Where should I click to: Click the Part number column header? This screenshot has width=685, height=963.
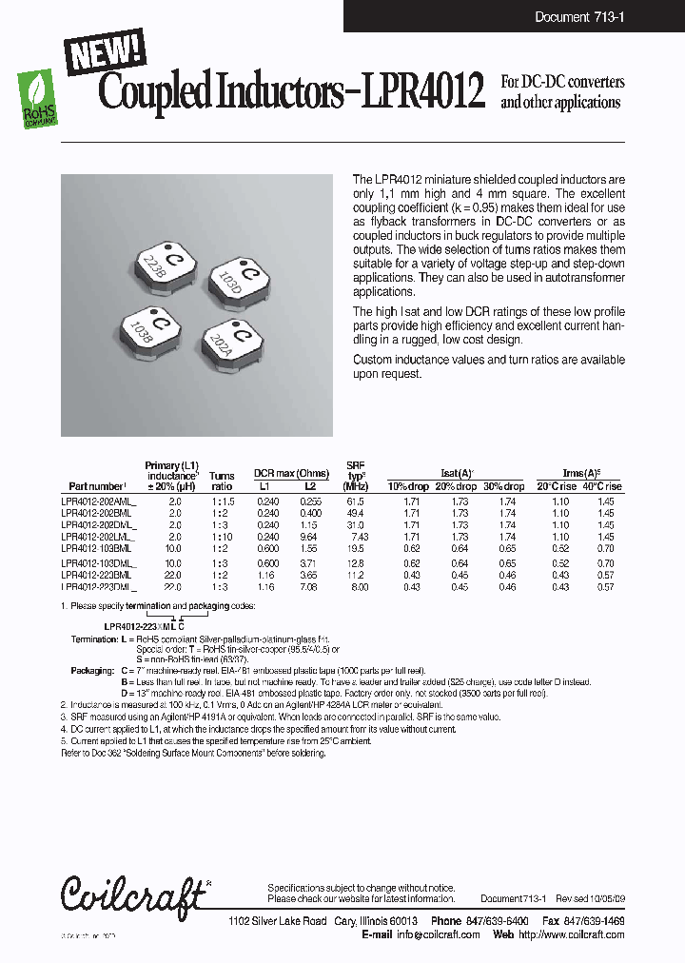[97, 486]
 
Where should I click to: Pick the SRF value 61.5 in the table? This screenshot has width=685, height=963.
[356, 501]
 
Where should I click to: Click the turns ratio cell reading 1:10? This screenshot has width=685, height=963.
[222, 537]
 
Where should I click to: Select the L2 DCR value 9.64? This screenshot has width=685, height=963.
[308, 537]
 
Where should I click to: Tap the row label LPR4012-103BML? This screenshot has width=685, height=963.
[96, 549]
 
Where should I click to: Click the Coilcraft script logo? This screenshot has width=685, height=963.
[131, 894]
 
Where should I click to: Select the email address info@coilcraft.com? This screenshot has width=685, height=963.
[438, 935]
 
